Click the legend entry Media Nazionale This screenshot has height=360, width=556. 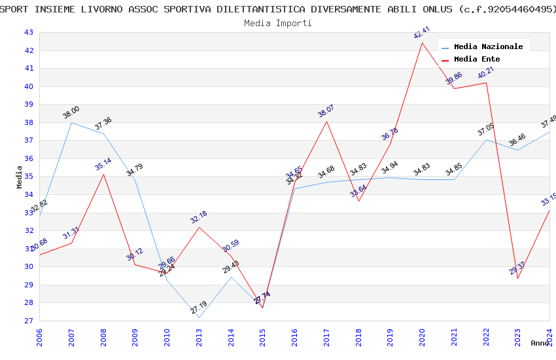[x=488, y=47]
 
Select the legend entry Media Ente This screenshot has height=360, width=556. [x=477, y=60]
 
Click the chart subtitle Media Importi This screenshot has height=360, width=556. [x=278, y=23]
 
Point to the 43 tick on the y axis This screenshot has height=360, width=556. [x=28, y=33]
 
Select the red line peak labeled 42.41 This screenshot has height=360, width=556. [x=422, y=43]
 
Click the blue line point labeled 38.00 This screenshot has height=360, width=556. [x=71, y=122]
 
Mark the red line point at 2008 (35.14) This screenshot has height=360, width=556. [x=103, y=174]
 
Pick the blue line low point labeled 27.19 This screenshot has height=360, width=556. [x=199, y=317]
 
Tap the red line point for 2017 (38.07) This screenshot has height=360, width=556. [x=326, y=121]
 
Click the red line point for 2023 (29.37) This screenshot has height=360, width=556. [x=517, y=278]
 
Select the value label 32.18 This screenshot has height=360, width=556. [x=199, y=217]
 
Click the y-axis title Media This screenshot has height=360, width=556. [x=20, y=177]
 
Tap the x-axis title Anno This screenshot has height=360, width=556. [x=540, y=343]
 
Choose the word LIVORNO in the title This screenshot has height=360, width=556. [x=99, y=9]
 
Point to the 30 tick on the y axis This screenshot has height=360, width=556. [x=28, y=267]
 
